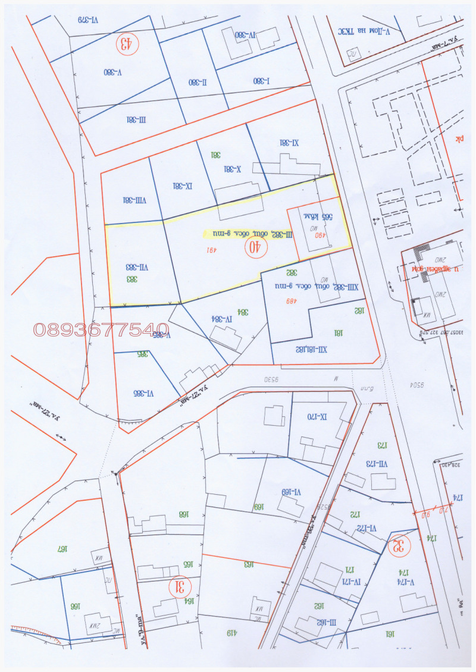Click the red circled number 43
126,43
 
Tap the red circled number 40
255,247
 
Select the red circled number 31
177,587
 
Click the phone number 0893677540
101,329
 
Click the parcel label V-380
112,72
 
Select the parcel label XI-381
289,142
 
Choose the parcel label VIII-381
134,200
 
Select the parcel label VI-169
292,491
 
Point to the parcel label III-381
136,119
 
